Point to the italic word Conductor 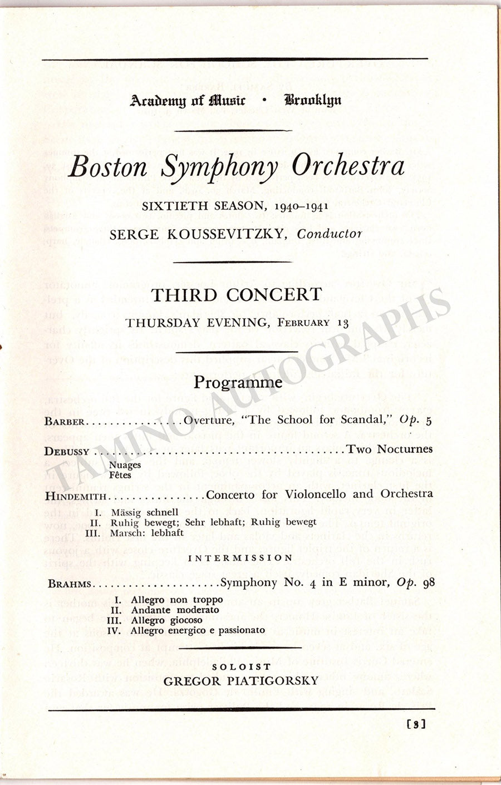tap(330, 234)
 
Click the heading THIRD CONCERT tap(237, 295)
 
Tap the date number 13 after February tap(343, 323)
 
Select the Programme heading tap(238, 382)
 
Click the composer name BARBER tap(66, 422)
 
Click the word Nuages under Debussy tap(121, 464)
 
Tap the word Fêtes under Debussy tap(120, 475)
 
